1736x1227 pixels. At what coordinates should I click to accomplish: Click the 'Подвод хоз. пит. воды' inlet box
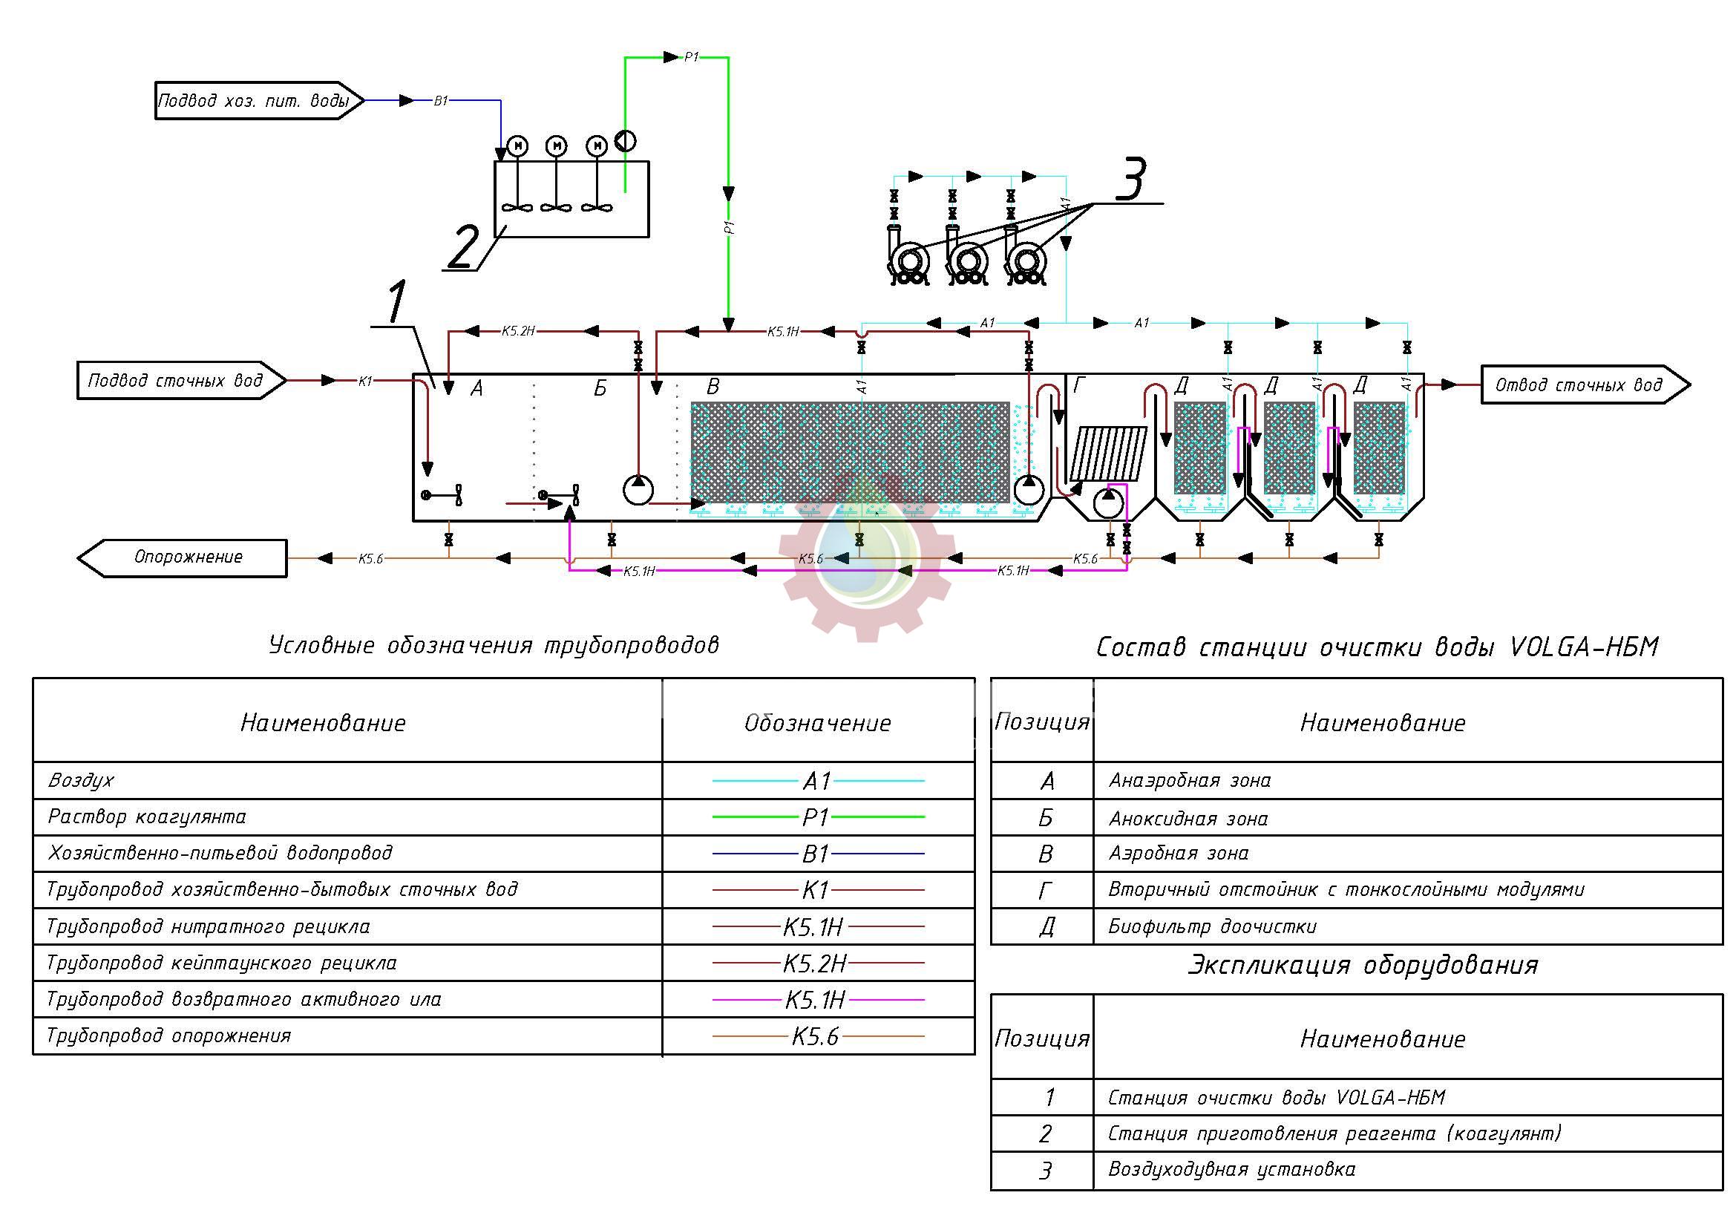pyautogui.click(x=255, y=100)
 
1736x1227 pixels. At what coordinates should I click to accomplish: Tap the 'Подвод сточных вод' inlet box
pyautogui.click(x=176, y=380)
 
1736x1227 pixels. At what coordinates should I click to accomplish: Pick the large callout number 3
pyautogui.click(x=1130, y=180)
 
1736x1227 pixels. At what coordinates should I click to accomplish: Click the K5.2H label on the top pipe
pyautogui.click(x=518, y=331)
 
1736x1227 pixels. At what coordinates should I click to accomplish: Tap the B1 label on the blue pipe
pyautogui.click(x=441, y=100)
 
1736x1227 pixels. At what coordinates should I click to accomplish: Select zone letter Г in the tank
pyautogui.click(x=1079, y=387)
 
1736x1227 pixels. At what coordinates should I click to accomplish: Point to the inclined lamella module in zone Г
pyautogui.click(x=1113, y=454)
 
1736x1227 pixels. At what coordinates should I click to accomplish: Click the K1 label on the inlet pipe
pyautogui.click(x=365, y=381)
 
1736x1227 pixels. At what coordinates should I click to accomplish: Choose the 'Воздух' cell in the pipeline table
pyautogui.click(x=81, y=780)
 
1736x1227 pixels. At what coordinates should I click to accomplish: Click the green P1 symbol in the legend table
pyautogui.click(x=817, y=817)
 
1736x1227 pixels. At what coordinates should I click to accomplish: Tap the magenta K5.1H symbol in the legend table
pyautogui.click(x=816, y=1000)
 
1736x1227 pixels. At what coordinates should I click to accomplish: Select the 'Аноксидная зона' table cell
pyautogui.click(x=1188, y=819)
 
